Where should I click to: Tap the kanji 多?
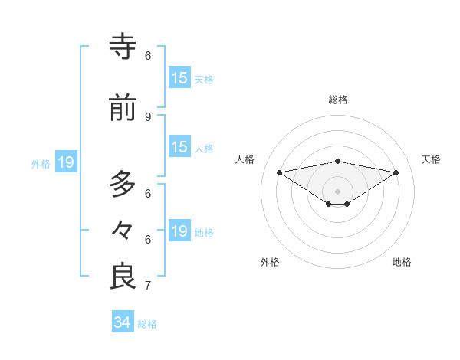pos(123,185)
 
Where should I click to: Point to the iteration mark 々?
pos(123,230)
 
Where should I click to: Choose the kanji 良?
pos(123,276)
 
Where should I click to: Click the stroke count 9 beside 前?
pos(148,116)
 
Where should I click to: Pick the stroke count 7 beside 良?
pos(148,286)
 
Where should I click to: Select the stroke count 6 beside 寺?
pos(148,55)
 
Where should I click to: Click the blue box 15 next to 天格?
pos(179,78)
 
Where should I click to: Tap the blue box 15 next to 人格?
pos(179,147)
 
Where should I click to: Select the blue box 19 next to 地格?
pos(179,231)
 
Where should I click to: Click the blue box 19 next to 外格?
pos(66,162)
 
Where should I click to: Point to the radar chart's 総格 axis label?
pos(338,100)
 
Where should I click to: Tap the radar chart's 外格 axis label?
pos(270,262)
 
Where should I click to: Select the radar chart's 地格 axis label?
pos(402,262)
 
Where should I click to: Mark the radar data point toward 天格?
pos(396,172)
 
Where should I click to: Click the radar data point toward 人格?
pos(279,172)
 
